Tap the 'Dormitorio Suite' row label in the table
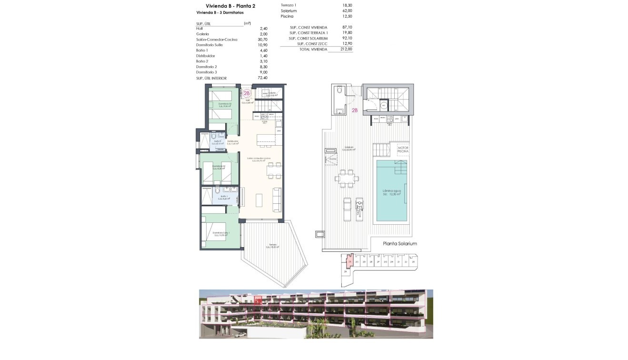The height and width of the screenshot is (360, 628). point(209,45)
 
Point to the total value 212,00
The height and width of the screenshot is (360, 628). point(346,49)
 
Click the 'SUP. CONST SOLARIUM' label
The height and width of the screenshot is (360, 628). point(309,38)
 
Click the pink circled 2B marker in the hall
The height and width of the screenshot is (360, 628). point(247,94)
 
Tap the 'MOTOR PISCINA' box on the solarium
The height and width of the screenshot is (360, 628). point(403,150)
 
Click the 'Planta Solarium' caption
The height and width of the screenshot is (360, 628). point(400,243)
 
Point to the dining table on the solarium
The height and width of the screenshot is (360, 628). point(347,179)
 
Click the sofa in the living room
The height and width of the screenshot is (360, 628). point(276,200)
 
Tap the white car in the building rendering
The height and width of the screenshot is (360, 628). point(242,334)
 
